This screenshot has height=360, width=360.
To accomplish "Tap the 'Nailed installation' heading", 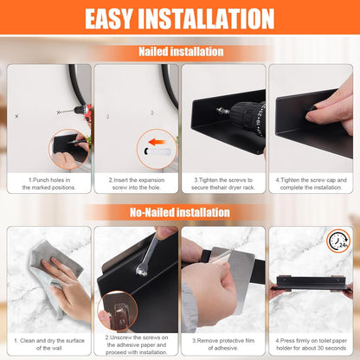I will point(180,52).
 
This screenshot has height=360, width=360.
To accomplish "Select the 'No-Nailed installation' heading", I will point(179,212).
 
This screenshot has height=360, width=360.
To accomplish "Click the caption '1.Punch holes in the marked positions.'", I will point(48,182).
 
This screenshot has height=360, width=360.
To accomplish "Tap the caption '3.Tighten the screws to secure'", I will point(223,182).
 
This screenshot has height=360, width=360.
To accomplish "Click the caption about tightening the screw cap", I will point(311,182).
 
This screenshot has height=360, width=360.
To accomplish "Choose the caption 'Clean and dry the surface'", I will point(48,344).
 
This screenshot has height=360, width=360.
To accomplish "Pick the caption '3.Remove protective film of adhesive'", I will point(223,344).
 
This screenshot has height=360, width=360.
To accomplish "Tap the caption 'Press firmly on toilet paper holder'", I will point(311,344).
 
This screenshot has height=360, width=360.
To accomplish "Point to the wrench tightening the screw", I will point(145,260).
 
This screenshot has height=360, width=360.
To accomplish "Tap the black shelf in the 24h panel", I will point(309,281).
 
